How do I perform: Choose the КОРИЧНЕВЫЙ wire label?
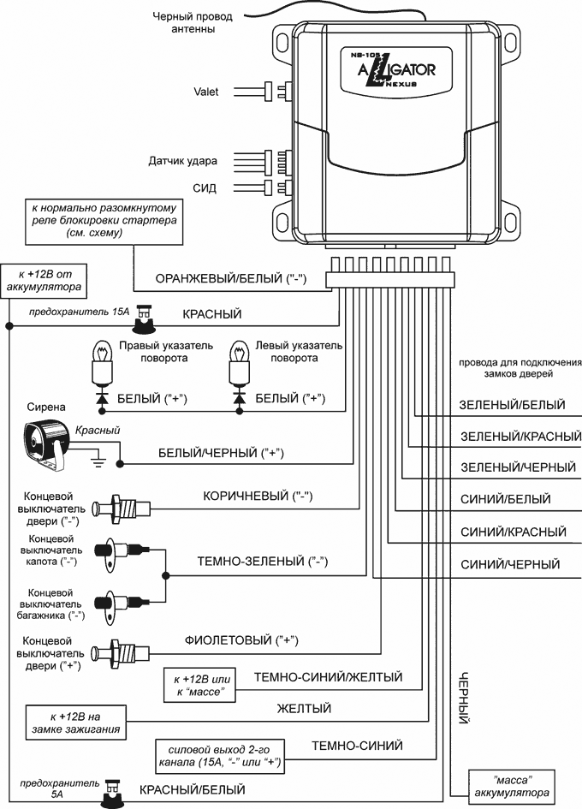pyautogui.click(x=256, y=496)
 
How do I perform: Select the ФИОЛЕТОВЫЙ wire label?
pyautogui.click(x=246, y=639)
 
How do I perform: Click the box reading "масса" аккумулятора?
pyautogui.click(x=512, y=785)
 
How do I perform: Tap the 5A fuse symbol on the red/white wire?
pyautogui.click(x=111, y=792)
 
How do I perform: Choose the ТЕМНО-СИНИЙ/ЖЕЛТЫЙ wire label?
pyautogui.click(x=329, y=677)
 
